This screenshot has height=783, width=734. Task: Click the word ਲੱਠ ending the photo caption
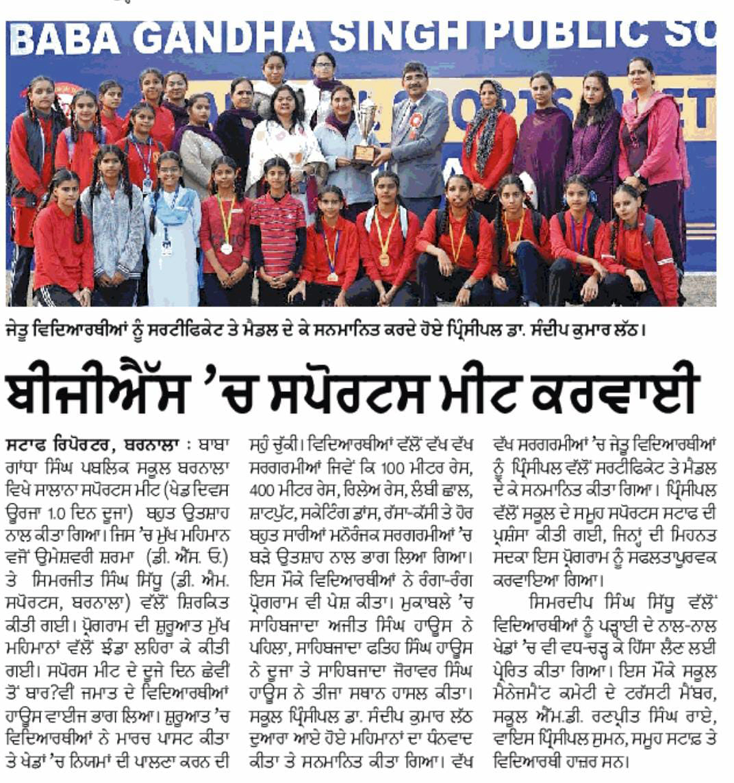point(629,332)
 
